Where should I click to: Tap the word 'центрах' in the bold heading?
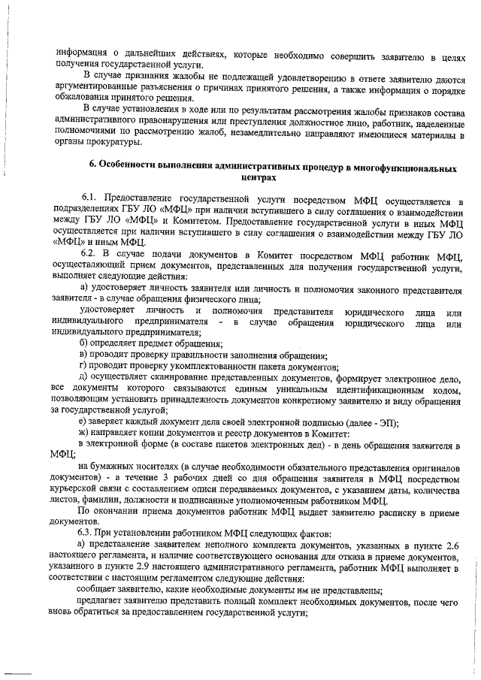pos(259,178)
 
